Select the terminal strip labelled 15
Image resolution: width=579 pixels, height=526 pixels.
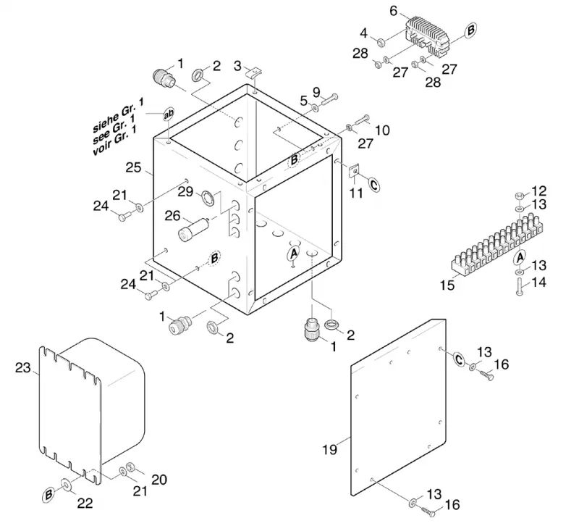click(497, 243)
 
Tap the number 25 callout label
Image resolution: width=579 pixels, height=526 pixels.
click(133, 167)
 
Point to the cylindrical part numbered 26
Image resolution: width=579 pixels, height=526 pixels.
click(194, 229)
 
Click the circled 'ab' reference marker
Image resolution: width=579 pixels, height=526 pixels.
click(169, 114)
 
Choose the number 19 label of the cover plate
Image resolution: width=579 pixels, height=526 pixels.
click(329, 449)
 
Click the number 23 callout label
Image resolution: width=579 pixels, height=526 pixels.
click(22, 368)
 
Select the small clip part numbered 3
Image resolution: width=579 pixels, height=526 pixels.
click(253, 71)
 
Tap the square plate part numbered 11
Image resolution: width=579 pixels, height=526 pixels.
click(354, 171)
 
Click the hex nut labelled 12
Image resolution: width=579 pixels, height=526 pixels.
click(519, 195)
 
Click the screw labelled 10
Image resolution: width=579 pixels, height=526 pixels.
click(363, 120)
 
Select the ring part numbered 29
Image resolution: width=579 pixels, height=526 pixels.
click(208, 199)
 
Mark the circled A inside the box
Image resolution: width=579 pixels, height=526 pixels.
click(294, 254)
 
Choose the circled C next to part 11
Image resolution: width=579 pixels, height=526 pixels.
click(373, 184)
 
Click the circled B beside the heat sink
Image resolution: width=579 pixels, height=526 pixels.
click(470, 30)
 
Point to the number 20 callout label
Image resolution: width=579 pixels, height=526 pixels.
click(159, 480)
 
